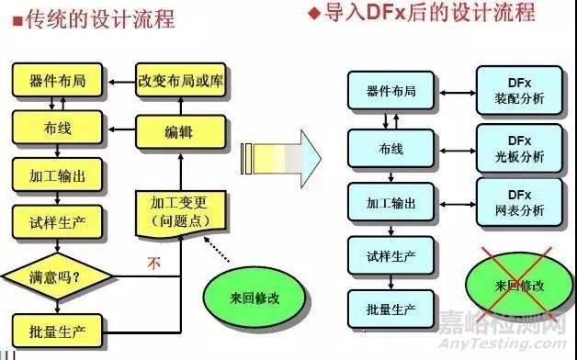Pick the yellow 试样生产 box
pyautogui.click(x=56, y=220)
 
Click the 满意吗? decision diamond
pyautogui.click(x=56, y=275)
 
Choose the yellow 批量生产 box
pyautogui.click(x=56, y=329)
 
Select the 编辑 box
pyautogui.click(x=179, y=132)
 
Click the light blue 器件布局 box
pyautogui.click(x=390, y=92)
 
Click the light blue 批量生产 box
pyautogui.click(x=390, y=308)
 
